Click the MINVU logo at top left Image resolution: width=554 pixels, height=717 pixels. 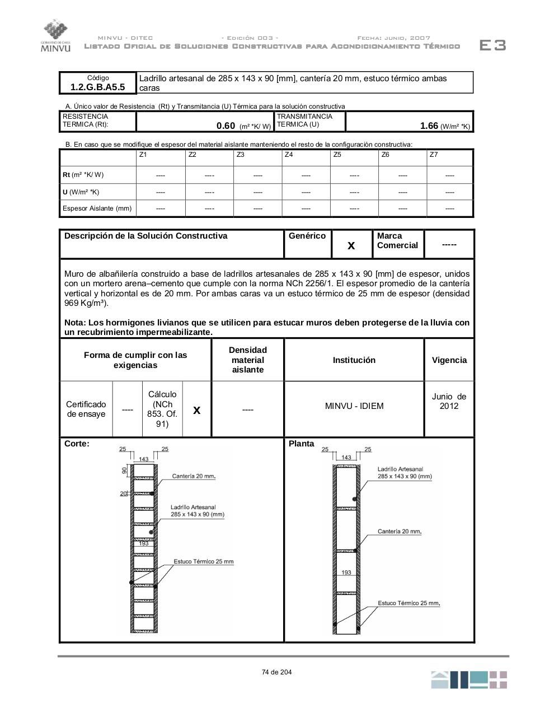[55, 36]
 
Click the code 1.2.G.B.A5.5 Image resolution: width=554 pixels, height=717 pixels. [98, 87]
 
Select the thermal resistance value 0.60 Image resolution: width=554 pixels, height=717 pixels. [226, 126]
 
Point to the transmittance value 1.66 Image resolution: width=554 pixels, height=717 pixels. [429, 126]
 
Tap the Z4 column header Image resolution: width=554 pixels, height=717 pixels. [289, 155]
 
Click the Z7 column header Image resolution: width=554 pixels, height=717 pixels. [434, 155]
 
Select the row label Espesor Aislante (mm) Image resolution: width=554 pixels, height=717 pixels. [97, 208]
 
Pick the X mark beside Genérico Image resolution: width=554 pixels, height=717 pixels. [351, 245]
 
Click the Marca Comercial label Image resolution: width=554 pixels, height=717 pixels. [397, 241]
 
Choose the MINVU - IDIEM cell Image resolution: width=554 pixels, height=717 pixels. [354, 406]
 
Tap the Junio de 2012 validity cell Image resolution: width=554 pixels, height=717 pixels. [449, 401]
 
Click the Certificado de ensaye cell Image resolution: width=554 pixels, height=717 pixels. [86, 409]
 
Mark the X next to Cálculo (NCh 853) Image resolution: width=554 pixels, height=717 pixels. [197, 410]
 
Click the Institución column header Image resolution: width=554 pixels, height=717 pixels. [354, 360]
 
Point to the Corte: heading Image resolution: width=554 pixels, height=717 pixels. [77, 444]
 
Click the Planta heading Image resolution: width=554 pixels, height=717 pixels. [302, 444]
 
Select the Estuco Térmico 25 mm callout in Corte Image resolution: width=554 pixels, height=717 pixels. [204, 561]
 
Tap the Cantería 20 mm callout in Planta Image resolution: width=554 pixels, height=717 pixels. [399, 532]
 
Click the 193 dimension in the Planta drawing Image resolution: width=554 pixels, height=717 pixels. [346, 572]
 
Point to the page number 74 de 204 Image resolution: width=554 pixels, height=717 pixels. [276, 672]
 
